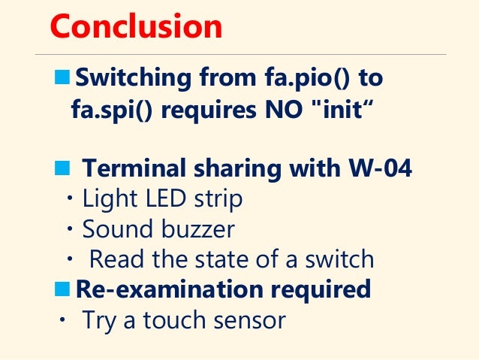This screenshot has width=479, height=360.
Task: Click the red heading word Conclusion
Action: [136, 27]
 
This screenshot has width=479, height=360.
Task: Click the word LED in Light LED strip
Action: [163, 199]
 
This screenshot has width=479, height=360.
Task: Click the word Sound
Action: [113, 229]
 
